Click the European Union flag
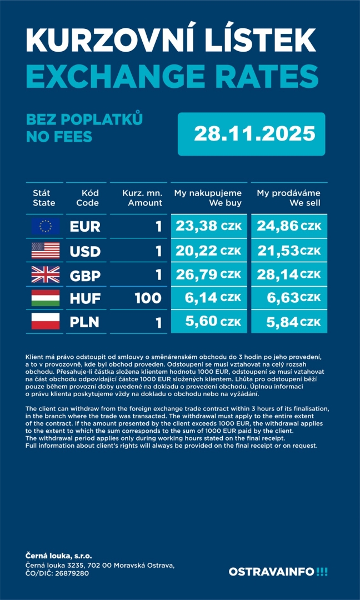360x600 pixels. (x=46, y=226)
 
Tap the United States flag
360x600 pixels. (x=46, y=251)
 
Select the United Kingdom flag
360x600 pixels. (x=46, y=274)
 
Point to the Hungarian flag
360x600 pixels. (x=46, y=298)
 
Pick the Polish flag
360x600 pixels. (x=46, y=322)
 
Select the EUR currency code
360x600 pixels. (x=85, y=227)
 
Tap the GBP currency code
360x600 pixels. (x=85, y=275)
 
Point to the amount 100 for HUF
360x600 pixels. (x=148, y=299)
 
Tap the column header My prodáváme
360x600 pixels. (x=288, y=193)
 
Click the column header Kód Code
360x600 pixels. (x=87, y=198)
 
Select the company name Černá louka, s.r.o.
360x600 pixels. (x=59, y=556)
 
